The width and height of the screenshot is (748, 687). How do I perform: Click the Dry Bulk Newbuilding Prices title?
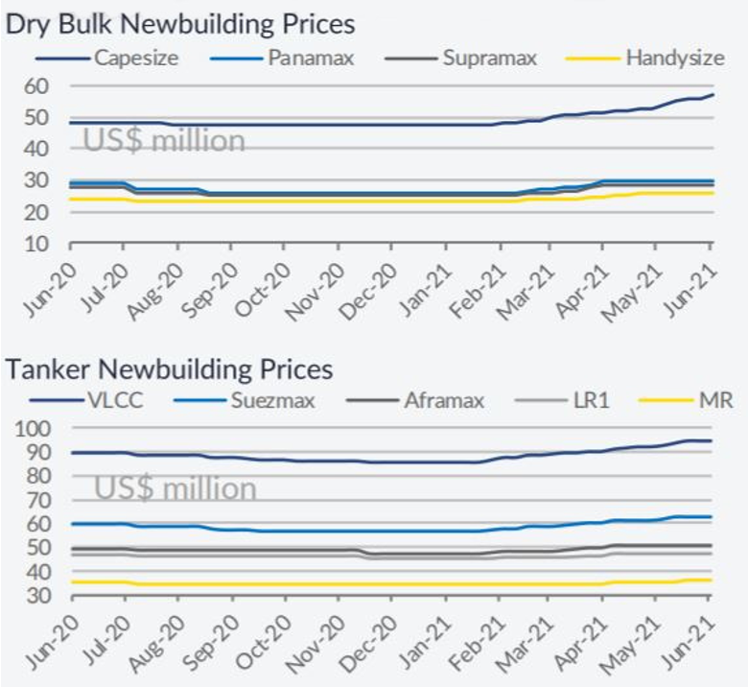[180, 23]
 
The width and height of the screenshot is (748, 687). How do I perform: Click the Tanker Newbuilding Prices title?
[169, 368]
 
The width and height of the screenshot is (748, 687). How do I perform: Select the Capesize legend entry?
[134, 58]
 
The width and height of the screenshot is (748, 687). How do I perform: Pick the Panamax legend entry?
[310, 58]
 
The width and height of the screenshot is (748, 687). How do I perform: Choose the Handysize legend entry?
[674, 58]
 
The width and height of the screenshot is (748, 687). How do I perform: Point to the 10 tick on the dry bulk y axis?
[35, 243]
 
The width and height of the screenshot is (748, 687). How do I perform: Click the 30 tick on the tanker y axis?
[35, 596]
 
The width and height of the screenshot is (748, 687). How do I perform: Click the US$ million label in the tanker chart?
[175, 488]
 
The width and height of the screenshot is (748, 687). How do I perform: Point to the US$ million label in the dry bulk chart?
[164, 140]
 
